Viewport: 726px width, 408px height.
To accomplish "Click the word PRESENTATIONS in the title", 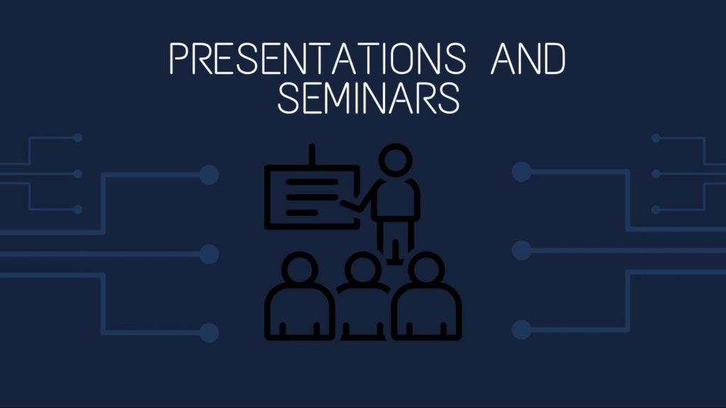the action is click(318, 59).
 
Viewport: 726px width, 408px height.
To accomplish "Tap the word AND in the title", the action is click(528, 59).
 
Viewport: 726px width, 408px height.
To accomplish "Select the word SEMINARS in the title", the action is click(369, 98).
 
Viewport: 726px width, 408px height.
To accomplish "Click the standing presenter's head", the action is click(396, 160).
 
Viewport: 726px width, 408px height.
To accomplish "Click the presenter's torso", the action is click(396, 199).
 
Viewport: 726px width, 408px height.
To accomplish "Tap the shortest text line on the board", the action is click(302, 212).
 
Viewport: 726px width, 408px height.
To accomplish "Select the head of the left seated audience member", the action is click(300, 268).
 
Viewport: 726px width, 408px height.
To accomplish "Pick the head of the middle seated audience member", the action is click(363, 268).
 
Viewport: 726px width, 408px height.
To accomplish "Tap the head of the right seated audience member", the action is click(426, 268).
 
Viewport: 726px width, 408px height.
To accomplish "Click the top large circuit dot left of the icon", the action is click(209, 175).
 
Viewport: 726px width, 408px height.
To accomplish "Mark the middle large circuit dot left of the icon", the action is click(209, 254).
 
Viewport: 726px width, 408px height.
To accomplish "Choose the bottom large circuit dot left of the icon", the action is click(209, 333).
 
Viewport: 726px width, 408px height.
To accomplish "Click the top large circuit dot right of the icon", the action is click(522, 172).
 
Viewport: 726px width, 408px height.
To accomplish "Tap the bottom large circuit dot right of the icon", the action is click(522, 330).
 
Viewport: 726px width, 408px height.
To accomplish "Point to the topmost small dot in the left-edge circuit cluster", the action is click(78, 138).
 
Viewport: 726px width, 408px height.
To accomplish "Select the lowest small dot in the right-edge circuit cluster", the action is click(656, 210).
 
